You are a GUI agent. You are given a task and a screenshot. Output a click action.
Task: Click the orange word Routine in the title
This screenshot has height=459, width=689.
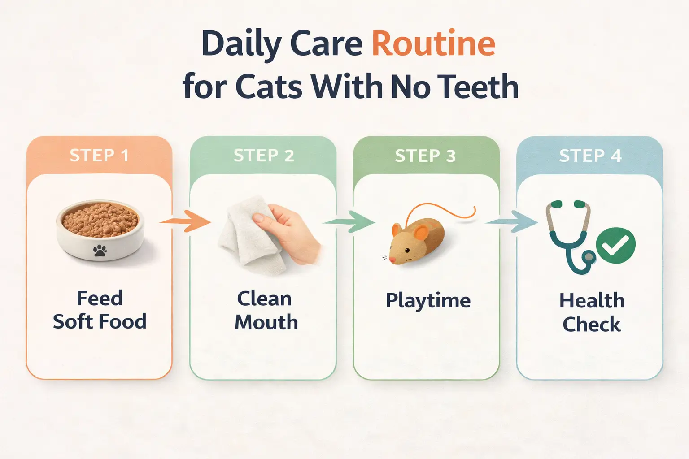[433, 44]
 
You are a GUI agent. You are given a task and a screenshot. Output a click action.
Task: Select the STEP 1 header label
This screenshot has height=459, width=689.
[99, 156]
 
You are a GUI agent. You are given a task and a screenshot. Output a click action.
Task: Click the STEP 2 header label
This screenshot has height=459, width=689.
[264, 156]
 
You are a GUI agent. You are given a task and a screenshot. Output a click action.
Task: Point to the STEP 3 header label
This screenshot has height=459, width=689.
[425, 156]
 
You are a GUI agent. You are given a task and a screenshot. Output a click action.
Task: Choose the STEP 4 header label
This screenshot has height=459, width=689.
[590, 156]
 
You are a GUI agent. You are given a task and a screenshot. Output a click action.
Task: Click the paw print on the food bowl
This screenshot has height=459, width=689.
[100, 251]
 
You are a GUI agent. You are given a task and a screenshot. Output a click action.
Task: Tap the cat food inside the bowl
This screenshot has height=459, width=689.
[100, 219]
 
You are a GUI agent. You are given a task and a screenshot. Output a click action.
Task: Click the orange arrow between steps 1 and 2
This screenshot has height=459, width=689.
[185, 221]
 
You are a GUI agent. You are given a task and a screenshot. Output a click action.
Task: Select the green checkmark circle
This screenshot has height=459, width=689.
[615, 245]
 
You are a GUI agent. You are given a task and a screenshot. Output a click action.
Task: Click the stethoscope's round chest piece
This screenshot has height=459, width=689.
[588, 257]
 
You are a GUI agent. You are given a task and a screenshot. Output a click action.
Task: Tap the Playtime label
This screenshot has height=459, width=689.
[428, 300]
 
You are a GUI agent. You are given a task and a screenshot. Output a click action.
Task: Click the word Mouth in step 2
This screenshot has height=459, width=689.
[266, 322]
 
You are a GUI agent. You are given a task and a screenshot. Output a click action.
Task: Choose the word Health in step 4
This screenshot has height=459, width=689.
[592, 300]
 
